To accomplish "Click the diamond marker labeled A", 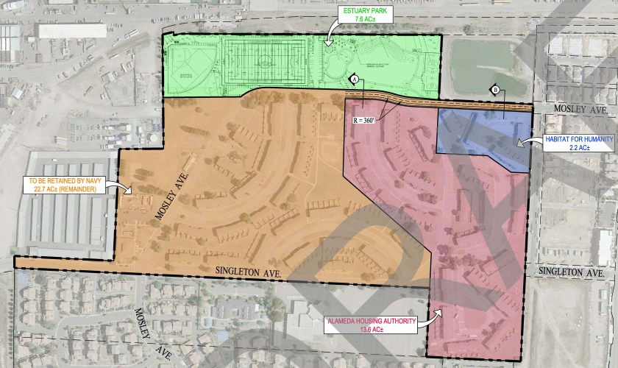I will click(x=353, y=79).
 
